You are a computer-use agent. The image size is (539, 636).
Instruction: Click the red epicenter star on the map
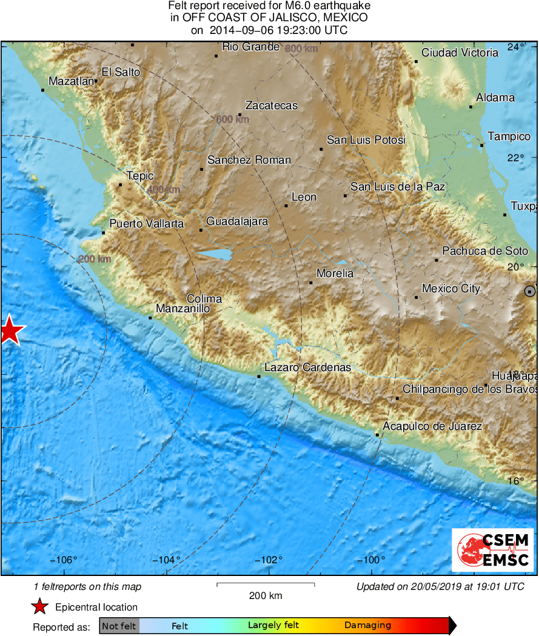point(9,332)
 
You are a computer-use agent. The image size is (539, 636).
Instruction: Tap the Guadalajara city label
point(237,221)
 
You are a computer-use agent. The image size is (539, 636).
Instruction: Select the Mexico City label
point(450,289)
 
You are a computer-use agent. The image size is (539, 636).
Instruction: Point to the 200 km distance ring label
point(95,259)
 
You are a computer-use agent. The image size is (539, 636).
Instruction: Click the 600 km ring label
point(233,120)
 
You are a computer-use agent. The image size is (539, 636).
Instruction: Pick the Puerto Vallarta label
point(146,224)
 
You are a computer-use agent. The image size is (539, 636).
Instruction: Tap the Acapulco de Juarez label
point(432,426)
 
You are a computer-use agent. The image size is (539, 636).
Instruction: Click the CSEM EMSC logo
point(492,549)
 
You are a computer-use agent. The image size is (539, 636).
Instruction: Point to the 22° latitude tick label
point(516,158)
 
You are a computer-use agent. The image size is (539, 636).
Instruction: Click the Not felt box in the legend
point(119,626)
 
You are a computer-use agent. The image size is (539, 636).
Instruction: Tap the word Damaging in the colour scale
point(367,626)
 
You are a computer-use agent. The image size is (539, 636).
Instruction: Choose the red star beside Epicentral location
point(39,607)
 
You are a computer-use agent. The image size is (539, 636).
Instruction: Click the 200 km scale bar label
point(266,595)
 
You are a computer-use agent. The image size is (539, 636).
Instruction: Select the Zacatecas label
point(271,105)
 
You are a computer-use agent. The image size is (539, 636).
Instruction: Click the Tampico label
point(509,136)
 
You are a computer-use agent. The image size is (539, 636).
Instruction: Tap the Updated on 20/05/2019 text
point(440,586)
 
